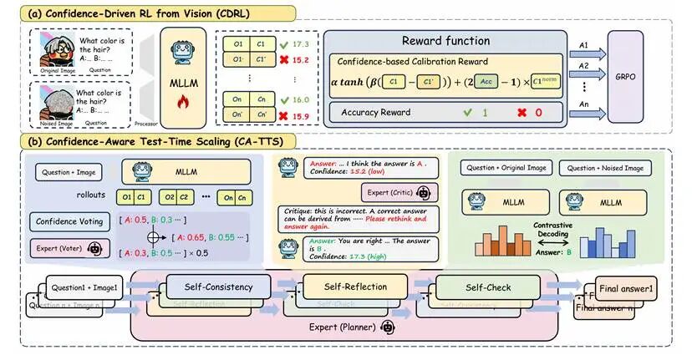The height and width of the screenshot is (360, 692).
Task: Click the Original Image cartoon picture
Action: [52, 52]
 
